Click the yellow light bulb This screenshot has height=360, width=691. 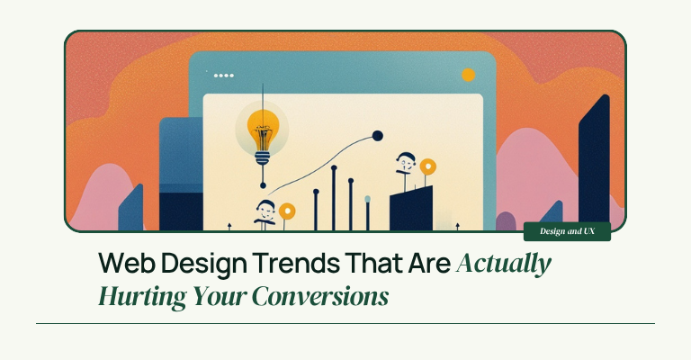tap(263, 132)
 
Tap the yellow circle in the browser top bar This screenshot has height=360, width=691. tap(468, 75)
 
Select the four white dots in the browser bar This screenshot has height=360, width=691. tap(224, 76)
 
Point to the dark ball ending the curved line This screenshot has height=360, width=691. tap(377, 136)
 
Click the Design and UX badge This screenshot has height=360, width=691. tap(567, 231)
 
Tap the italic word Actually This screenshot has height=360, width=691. tap(504, 264)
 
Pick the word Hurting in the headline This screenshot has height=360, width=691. tap(142, 296)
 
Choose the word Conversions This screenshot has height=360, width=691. tap(320, 296)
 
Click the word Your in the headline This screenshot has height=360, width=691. tap(220, 296)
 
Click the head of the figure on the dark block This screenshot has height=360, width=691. tap(406, 162)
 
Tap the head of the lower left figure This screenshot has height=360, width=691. tap(265, 210)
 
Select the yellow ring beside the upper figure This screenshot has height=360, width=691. tap(427, 167)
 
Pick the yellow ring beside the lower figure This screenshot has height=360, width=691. tap(287, 211)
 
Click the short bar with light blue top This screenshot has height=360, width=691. tap(367, 213)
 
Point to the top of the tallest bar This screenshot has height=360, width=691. tap(334, 167)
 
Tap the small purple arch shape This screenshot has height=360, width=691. tap(506, 221)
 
